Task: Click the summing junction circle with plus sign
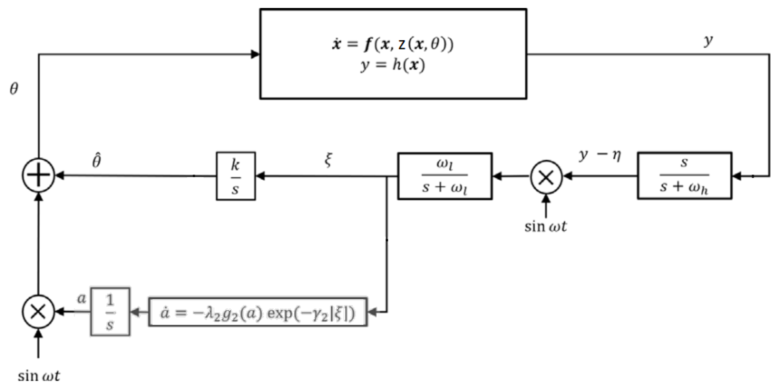pos(39,175)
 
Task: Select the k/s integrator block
pos(236,176)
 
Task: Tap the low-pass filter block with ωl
pos(444,176)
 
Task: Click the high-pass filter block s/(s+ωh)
pos(684,176)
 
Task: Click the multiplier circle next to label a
pos(39,312)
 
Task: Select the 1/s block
pos(110,312)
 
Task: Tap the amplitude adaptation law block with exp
pos(258,312)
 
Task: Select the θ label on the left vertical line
pos(14,89)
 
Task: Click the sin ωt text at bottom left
pos(39,376)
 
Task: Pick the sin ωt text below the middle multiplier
pos(546,226)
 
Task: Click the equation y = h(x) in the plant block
pos(393,65)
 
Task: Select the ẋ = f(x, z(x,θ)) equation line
pos(393,45)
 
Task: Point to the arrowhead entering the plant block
pos(255,54)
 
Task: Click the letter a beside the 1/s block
pos(81,299)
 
